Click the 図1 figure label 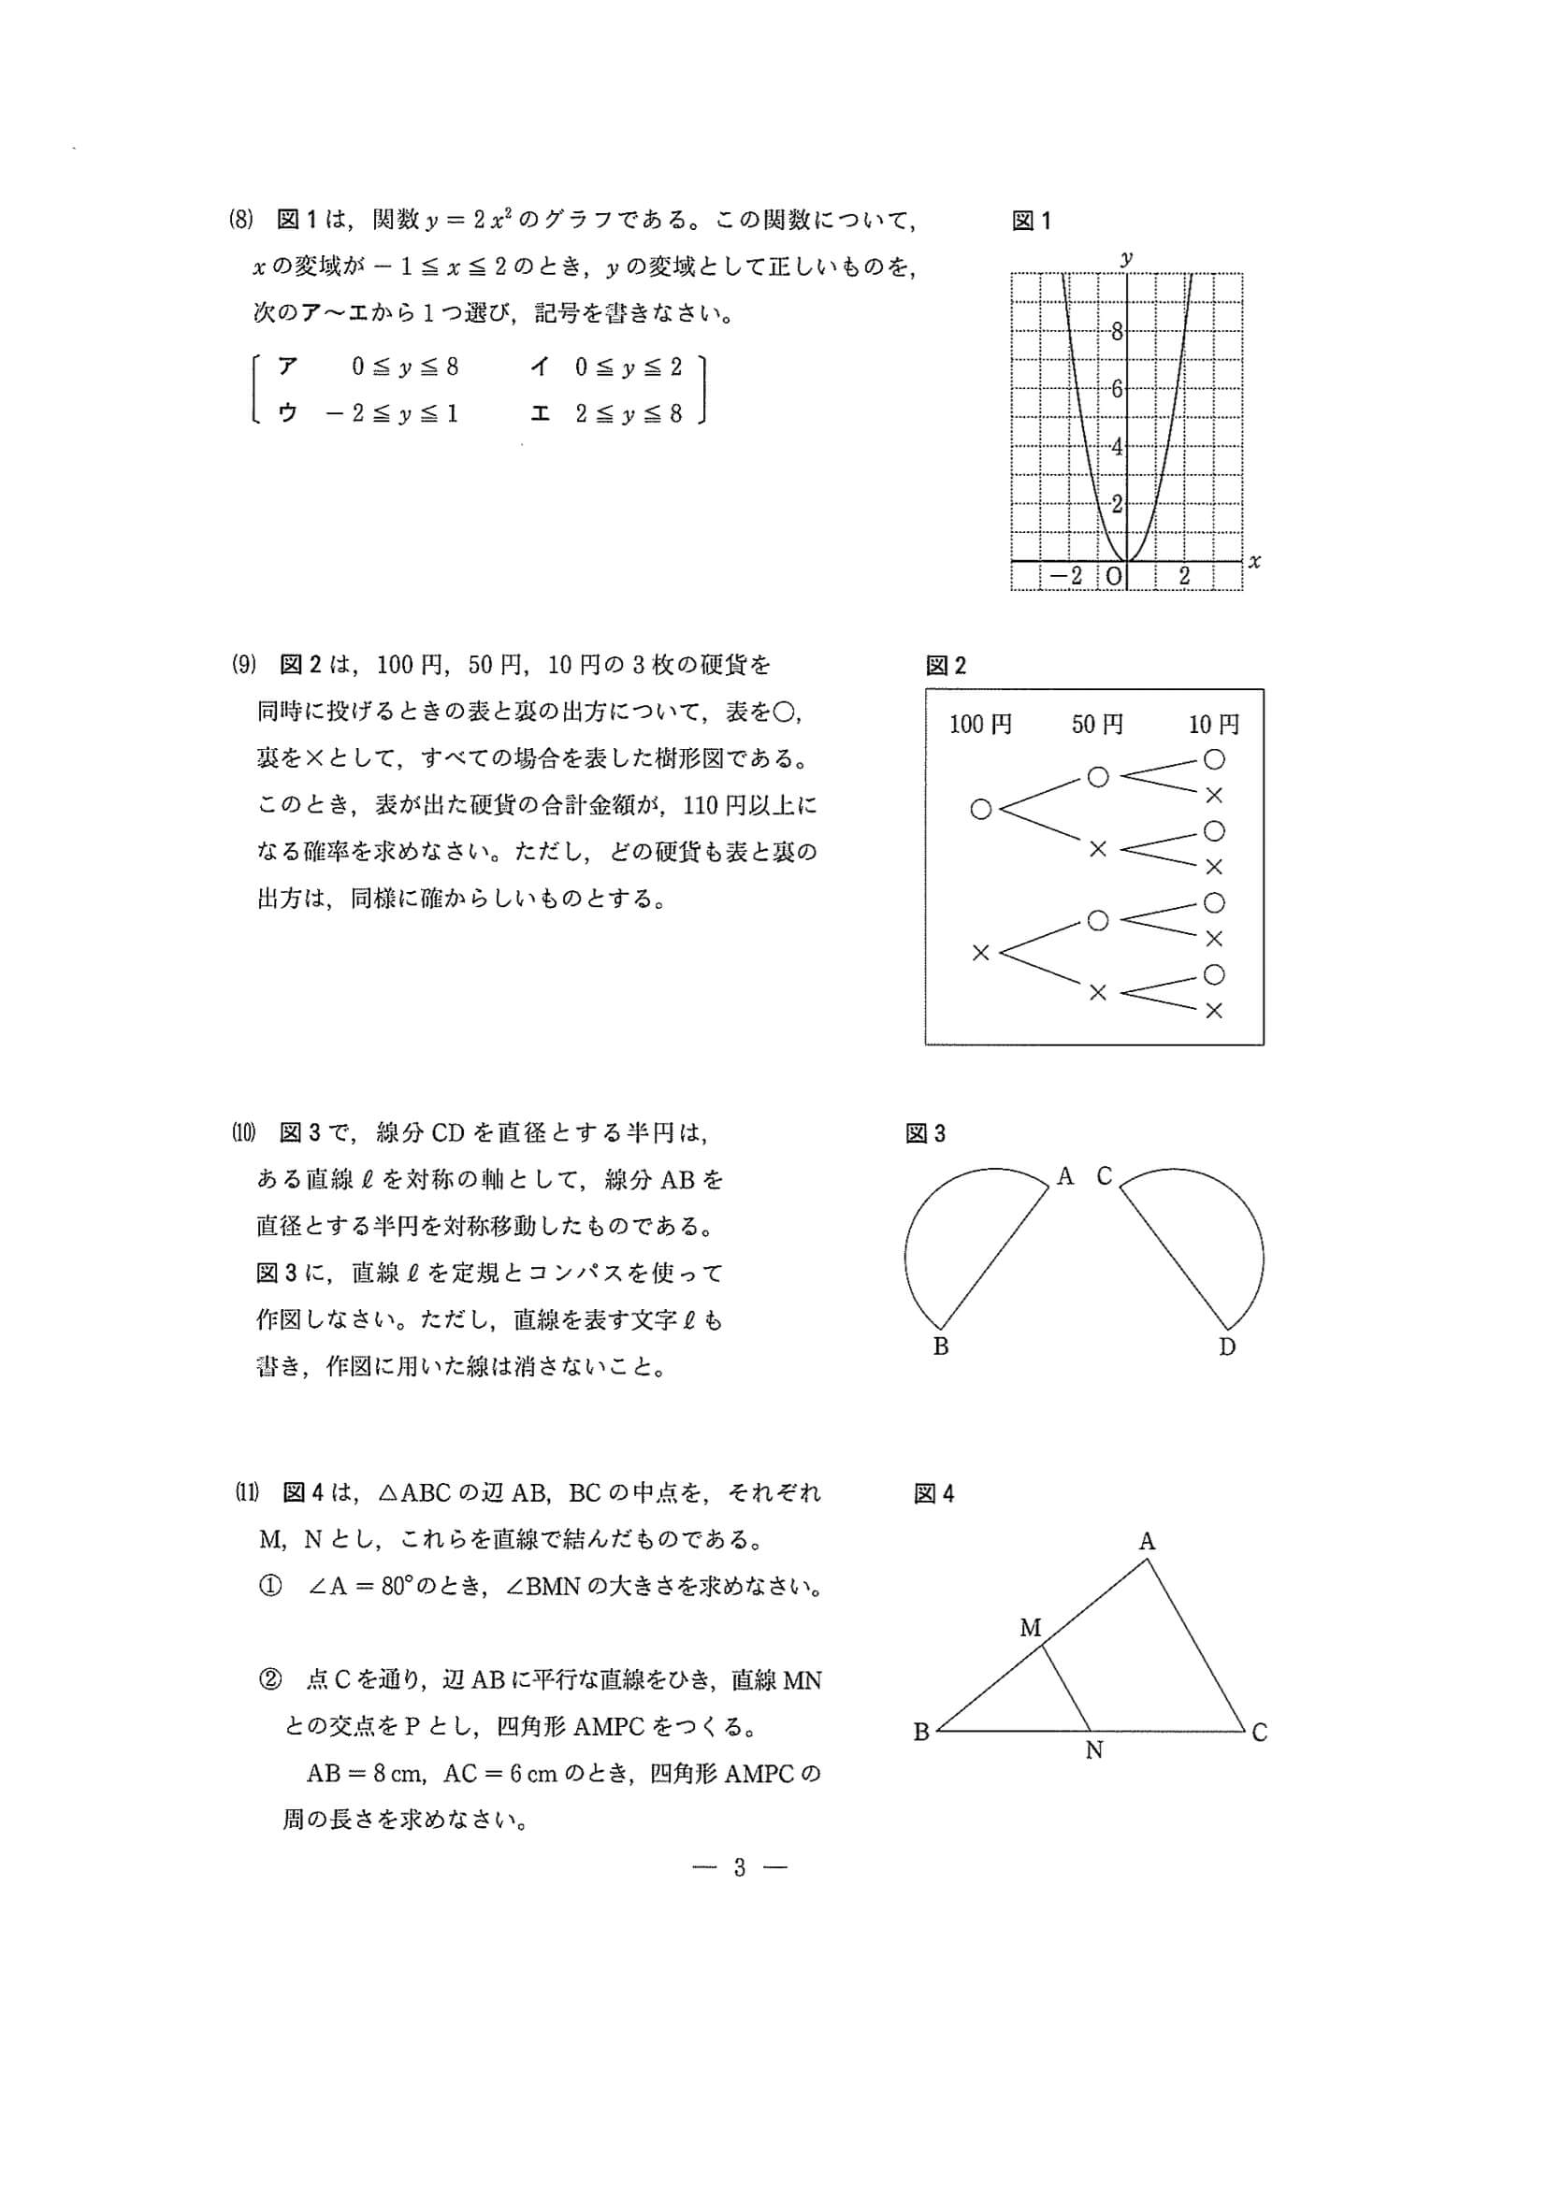coord(1031,221)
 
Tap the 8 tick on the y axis coord(1116,332)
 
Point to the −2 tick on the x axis coord(1066,576)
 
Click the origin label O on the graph coord(1113,576)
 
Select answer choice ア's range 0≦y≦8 coord(405,367)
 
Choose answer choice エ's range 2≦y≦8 coord(629,413)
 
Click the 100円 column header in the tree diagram coord(980,725)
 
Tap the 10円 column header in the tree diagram coord(1213,725)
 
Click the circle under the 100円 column coord(981,810)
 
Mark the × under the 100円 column coord(981,952)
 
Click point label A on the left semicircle coord(1064,1177)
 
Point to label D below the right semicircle coord(1228,1346)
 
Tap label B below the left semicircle coord(941,1346)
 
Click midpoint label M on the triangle coord(1031,1628)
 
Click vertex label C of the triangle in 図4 coord(1259,1732)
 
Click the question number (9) coord(244,664)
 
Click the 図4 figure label coord(933,1494)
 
